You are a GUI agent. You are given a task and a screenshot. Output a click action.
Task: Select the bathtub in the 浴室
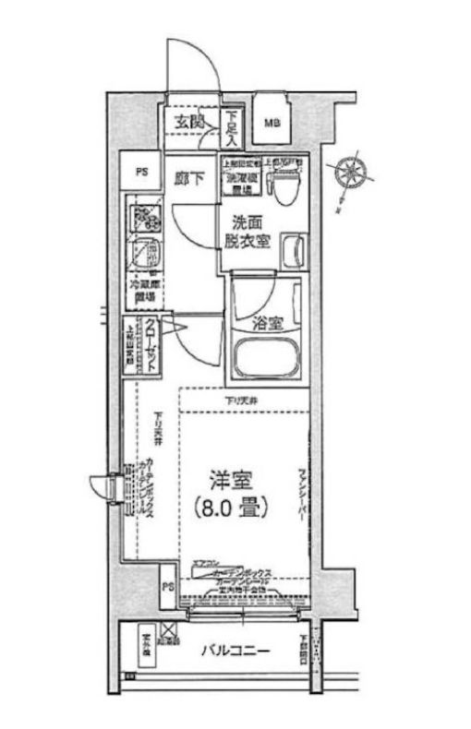pyautogui.click(x=268, y=360)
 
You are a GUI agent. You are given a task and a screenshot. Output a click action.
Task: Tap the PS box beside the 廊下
pyautogui.click(x=141, y=171)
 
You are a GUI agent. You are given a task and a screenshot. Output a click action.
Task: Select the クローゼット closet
pyautogui.click(x=144, y=345)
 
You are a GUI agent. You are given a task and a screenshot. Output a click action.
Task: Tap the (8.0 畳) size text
pyautogui.click(x=231, y=508)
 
